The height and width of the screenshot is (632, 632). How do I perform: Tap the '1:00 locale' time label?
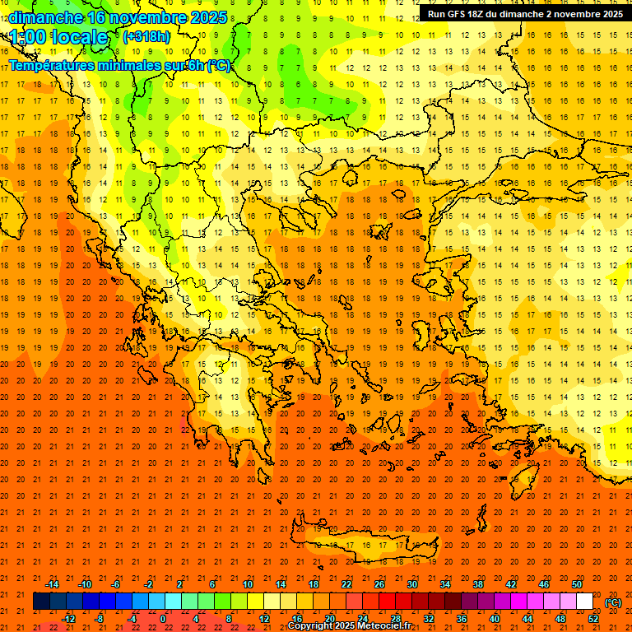[58, 37]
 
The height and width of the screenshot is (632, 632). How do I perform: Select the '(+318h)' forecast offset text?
[147, 36]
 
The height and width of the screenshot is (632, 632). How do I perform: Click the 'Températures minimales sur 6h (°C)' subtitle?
[119, 65]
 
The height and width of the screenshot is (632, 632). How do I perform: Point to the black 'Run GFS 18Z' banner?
[524, 13]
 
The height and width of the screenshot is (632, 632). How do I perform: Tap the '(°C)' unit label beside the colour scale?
[613, 602]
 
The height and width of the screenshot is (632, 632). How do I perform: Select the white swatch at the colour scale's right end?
[584, 602]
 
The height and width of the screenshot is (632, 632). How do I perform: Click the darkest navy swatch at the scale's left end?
[41, 602]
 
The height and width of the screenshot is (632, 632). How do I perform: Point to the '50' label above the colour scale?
[577, 584]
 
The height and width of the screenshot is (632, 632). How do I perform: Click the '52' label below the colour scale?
[593, 619]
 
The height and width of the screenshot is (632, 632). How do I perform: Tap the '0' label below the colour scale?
[162, 619]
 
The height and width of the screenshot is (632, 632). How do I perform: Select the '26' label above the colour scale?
[379, 584]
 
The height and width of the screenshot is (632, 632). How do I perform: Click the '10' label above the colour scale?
[247, 584]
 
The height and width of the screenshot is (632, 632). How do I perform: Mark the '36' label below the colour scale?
[461, 619]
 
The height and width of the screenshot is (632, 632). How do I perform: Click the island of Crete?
[362, 546]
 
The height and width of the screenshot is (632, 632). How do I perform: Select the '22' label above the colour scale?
[346, 584]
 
